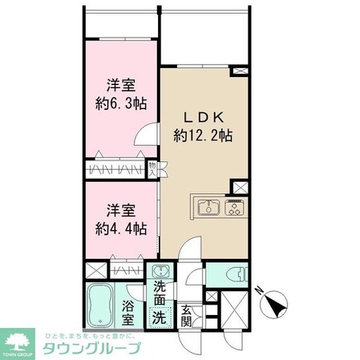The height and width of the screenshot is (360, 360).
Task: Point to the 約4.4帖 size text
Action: (x=117, y=229)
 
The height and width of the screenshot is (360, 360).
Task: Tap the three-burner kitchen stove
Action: (x=234, y=206)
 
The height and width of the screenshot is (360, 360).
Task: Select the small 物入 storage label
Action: (x=153, y=168)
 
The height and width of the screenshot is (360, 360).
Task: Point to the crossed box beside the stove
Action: (x=239, y=187)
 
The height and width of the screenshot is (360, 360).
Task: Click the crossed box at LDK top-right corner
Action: (x=239, y=71)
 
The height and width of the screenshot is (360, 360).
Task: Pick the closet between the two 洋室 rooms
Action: (x=117, y=169)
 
